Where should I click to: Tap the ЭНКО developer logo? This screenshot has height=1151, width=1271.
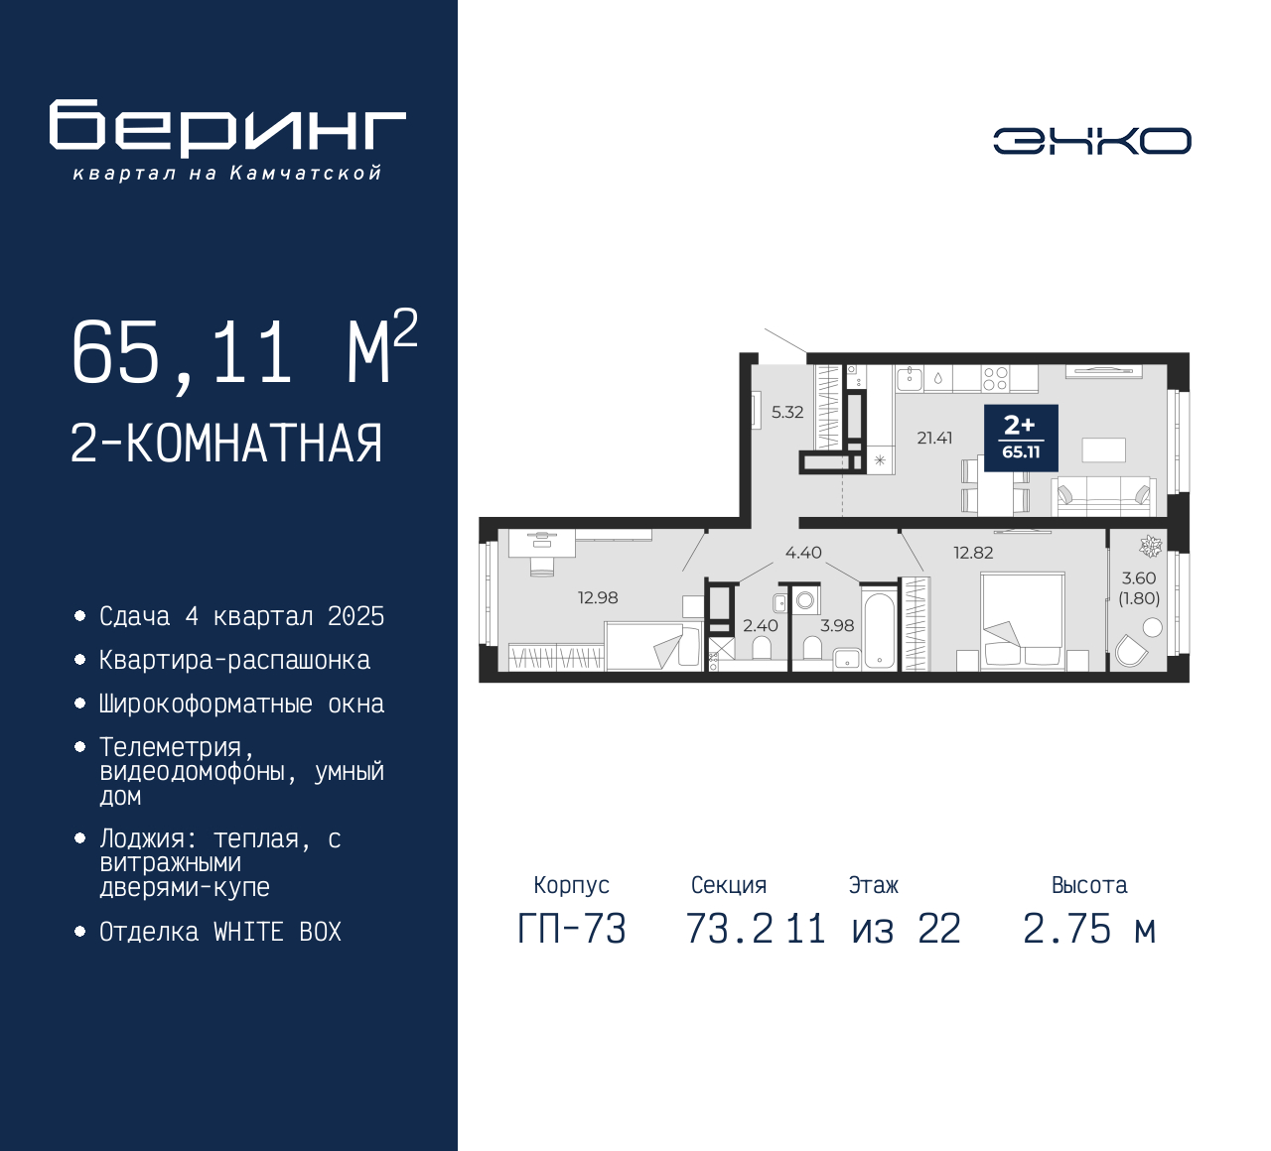tap(1091, 141)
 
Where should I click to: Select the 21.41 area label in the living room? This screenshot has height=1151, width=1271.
tap(934, 438)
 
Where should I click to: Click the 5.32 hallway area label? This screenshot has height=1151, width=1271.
tap(787, 412)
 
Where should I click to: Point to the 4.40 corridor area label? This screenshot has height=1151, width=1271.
tap(803, 553)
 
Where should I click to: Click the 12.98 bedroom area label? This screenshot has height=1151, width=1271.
tap(598, 597)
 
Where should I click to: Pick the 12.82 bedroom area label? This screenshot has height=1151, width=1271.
tap(973, 553)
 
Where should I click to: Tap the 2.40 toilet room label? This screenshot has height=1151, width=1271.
tap(761, 625)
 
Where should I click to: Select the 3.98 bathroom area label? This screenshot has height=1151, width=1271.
tap(837, 625)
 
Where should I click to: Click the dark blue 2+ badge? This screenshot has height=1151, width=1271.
tap(1021, 438)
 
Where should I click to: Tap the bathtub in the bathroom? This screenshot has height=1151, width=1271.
tap(879, 629)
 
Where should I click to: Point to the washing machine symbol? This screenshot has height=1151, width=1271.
tap(805, 599)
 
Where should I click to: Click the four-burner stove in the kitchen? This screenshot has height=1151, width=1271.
tap(995, 379)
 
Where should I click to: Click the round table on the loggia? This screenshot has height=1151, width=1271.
tap(1152, 627)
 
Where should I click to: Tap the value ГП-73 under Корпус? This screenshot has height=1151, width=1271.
tap(572, 930)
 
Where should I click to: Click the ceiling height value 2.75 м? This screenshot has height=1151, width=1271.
tap(1089, 930)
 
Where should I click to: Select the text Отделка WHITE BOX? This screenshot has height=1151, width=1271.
tap(219, 932)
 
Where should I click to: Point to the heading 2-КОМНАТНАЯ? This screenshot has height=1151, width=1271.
tap(226, 444)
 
